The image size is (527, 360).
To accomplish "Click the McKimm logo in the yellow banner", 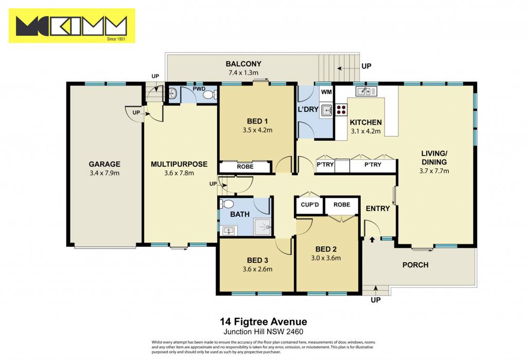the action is click(72, 26).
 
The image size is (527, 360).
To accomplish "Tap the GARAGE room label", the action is click(104, 164).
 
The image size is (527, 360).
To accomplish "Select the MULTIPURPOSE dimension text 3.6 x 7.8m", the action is click(179, 173).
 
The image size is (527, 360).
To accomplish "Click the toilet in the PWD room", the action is click(210, 95).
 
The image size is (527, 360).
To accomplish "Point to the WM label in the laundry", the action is click(326, 92).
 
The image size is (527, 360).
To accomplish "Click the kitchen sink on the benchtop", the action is click(366, 91).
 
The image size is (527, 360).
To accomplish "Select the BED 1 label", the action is click(257, 122).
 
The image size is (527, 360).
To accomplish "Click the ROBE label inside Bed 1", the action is click(245, 166).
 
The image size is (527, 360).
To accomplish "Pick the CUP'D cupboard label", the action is click(310, 204).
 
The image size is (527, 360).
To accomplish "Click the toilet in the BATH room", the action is click(227, 204).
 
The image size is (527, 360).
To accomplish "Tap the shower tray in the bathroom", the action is click(262, 228).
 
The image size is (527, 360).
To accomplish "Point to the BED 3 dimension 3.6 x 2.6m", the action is click(257, 269).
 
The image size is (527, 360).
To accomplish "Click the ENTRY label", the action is click(378, 209).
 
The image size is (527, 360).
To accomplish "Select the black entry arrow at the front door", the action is click(372, 239).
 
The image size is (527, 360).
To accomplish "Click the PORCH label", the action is click(415, 265).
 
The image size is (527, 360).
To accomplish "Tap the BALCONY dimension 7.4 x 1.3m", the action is click(243, 73).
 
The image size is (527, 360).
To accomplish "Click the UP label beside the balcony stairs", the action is click(366, 66).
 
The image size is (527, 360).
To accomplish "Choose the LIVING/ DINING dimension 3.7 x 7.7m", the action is click(434, 171).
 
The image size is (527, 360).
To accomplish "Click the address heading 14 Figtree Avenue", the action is click(263, 322).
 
